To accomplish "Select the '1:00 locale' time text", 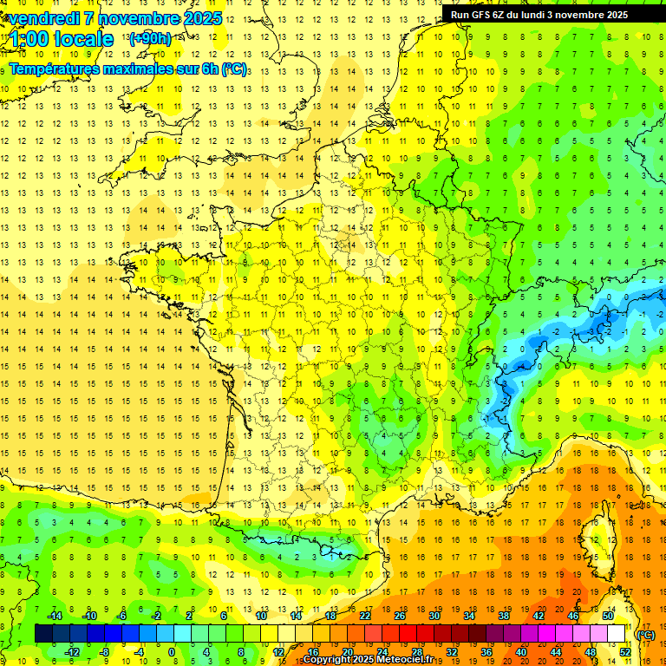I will tap(61, 39).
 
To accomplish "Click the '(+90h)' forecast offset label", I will tap(149, 39).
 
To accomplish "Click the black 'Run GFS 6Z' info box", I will tap(547, 14).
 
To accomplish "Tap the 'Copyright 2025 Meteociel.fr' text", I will tap(369, 660).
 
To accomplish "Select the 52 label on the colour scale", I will tap(625, 652).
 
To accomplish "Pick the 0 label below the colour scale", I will tap(172, 652).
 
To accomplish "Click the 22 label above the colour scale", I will tap(365, 616).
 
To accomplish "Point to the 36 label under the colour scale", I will tap(486, 652).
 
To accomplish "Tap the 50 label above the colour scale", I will tap(608, 616).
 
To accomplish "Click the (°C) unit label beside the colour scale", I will tap(645, 635).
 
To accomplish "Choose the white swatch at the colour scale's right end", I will tap(616, 634).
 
